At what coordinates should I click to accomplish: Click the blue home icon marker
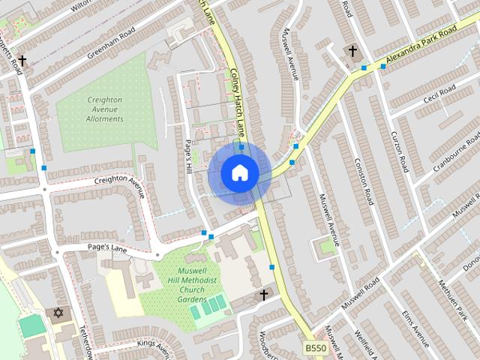[x=239, y=172]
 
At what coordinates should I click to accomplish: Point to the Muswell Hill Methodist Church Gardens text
[x=181, y=285]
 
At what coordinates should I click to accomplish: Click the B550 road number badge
[x=316, y=349]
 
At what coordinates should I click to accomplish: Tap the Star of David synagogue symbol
[x=58, y=312]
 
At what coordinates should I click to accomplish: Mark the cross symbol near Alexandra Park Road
[x=352, y=50]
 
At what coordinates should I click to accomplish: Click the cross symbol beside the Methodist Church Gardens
[x=263, y=295]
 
